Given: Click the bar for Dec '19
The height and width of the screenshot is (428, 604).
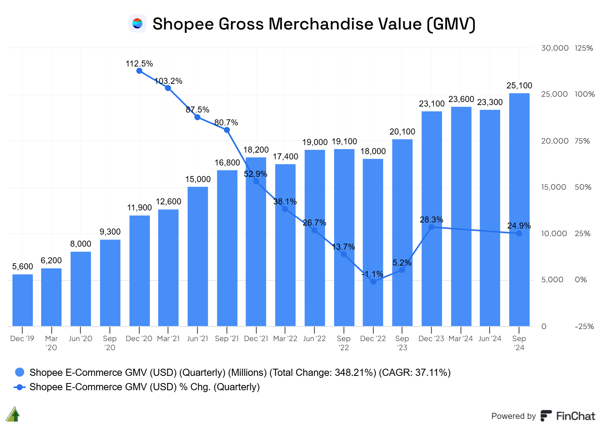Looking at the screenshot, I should coord(23,300).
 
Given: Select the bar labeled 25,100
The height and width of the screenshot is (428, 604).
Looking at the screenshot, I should coord(519,210).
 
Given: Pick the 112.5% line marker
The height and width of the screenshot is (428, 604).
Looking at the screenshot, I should coord(139,71).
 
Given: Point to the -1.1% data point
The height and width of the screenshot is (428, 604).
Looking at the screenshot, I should coord(373,281).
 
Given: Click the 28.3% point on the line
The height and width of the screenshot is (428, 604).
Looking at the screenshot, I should coord(431,227).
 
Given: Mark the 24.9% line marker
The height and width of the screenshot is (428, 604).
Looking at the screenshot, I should coord(519,233).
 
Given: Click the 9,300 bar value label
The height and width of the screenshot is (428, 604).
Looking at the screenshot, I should coord(110,232).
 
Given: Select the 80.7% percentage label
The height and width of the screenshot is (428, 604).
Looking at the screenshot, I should coord(226,122).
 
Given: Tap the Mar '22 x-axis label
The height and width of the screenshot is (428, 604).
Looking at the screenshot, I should coord(285,338).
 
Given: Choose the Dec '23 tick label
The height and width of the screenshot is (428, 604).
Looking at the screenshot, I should coord(431,338).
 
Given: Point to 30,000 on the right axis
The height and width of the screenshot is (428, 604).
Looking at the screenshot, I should coord(555,48).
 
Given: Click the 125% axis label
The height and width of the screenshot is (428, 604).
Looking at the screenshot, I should coord(584,48).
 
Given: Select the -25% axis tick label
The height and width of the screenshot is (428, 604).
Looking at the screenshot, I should coord(584,326).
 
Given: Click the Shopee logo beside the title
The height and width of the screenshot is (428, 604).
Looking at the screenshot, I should coord(137,23).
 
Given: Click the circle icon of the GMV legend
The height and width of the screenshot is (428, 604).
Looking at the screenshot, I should coord(19,372).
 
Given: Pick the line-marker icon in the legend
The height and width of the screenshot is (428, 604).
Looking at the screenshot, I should coord(19,387).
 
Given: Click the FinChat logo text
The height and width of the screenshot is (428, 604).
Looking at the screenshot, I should coord(575,416).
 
